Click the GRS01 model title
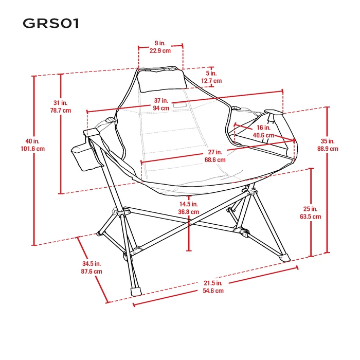(51, 24)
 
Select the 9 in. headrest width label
(160, 43)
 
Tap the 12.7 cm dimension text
(211, 81)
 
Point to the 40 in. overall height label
(32, 141)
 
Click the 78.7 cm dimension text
(61, 111)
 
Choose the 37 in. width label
(161, 101)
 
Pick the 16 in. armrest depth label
(263, 128)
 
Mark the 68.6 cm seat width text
(215, 160)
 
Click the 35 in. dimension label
(328, 141)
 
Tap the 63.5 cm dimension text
(311, 217)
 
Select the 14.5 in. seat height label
(189, 204)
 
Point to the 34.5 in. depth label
(92, 263)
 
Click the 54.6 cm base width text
(213, 291)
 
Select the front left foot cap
(136, 291)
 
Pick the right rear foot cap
(285, 258)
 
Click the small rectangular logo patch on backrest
(180, 105)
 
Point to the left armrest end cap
(92, 132)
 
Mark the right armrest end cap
(274, 112)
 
